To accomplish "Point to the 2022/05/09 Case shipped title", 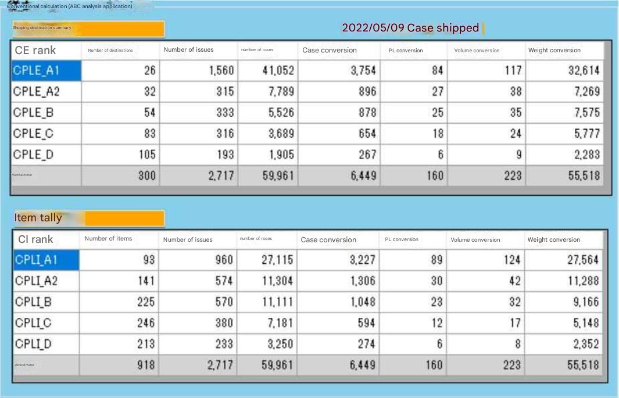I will coord(410,28).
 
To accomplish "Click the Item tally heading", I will coord(38,218).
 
